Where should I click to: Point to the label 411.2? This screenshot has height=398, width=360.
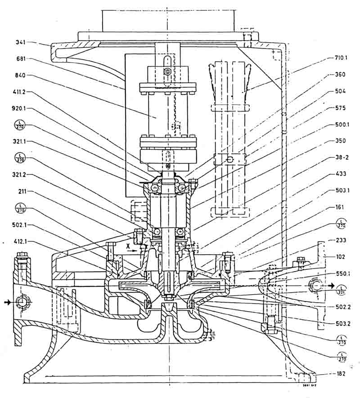(x=20, y=92)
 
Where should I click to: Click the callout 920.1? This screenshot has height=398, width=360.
(x=20, y=108)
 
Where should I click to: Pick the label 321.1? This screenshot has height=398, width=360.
(x=20, y=141)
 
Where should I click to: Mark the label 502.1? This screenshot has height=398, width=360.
(x=20, y=224)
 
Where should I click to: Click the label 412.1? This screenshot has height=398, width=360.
(x=20, y=241)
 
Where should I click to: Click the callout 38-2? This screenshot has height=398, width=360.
(x=338, y=157)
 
